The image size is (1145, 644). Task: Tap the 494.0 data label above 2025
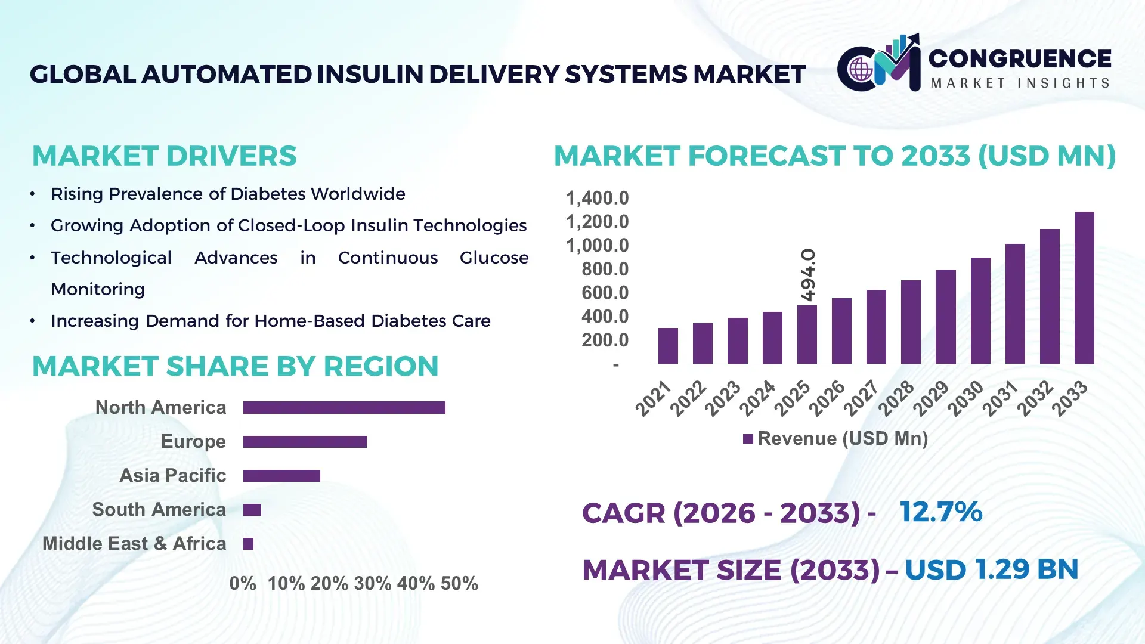[807, 275]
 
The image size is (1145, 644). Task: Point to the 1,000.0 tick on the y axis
[597, 245]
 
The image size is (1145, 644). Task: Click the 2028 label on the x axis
[896, 398]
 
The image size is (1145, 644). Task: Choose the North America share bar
[344, 407]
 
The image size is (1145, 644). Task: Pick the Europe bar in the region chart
[305, 441]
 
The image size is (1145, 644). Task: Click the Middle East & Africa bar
[248, 543]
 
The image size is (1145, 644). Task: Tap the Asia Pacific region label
[173, 475]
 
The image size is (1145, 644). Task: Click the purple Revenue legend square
[748, 439]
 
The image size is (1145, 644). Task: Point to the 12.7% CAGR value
[940, 512]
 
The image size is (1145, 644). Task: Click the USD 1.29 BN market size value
[991, 569]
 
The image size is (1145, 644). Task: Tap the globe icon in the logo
[861, 70]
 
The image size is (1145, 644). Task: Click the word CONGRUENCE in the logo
[1020, 58]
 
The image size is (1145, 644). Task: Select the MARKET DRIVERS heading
[164, 156]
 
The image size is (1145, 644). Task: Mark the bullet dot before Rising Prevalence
[33, 194]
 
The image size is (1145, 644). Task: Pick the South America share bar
[252, 510]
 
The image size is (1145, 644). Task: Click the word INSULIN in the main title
[371, 75]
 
